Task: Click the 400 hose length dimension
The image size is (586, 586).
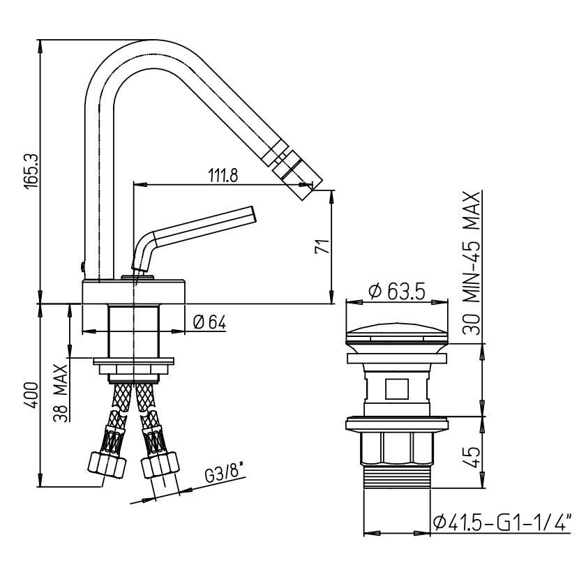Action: click(x=29, y=397)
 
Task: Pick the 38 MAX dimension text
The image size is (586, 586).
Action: click(x=61, y=394)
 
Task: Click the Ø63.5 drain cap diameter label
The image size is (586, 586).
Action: click(x=396, y=292)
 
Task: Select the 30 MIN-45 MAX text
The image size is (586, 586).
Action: click(x=474, y=263)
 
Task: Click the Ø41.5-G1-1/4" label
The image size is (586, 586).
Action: click(x=502, y=522)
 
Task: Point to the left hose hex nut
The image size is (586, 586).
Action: click(x=106, y=464)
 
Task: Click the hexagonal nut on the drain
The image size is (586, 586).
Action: click(x=396, y=449)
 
